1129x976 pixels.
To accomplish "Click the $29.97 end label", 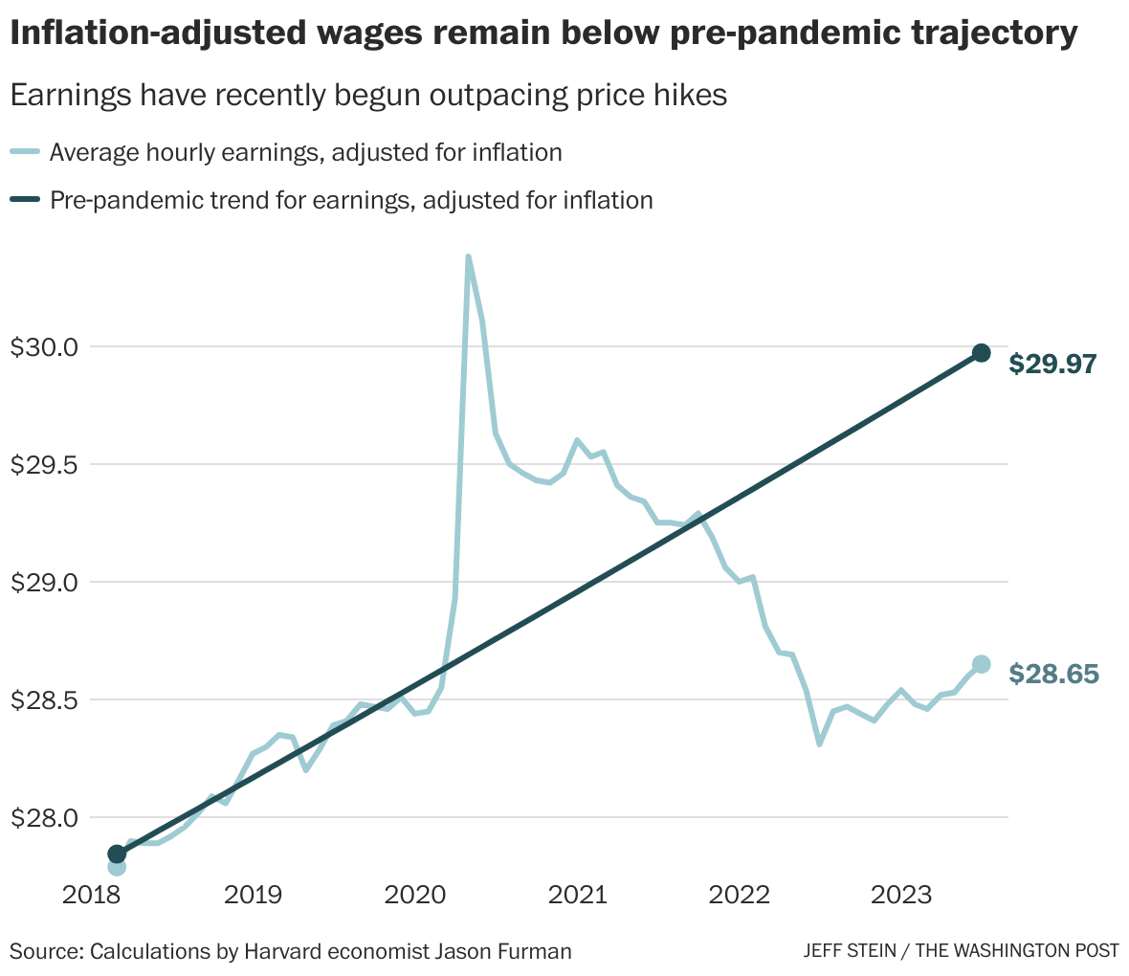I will coord(1052,364).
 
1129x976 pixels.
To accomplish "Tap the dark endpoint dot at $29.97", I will coord(981,353).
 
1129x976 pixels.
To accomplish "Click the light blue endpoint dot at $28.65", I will coord(981,664).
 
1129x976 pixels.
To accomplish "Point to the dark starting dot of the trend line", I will coord(117,854).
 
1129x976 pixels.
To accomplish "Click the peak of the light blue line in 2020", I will coord(467,256).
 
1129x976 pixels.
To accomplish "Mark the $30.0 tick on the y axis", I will coord(45,346).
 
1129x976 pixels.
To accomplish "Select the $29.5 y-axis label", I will coord(45,464).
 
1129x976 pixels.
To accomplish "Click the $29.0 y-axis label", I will coord(45,582).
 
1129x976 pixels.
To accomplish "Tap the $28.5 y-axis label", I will coord(45,699).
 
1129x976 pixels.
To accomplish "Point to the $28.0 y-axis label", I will coord(45,817).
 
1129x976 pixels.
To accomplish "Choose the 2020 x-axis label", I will coord(414,896).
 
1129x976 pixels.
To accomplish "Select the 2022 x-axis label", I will coord(739,896).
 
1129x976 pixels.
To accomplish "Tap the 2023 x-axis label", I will coord(901,896).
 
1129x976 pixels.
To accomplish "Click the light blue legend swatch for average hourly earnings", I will coord(25,152).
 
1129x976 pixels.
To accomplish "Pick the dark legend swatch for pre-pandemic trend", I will coord(25,200).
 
